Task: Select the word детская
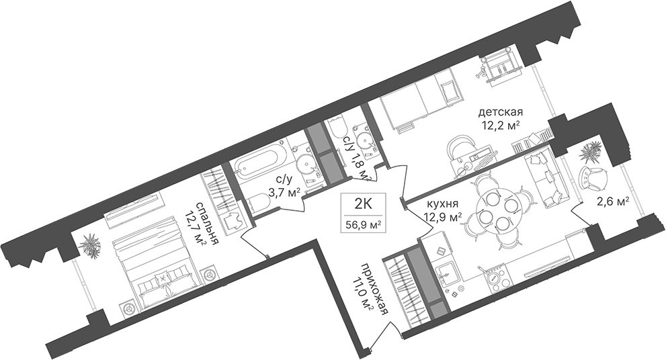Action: coord(501,113)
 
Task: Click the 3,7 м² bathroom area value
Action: coord(284,193)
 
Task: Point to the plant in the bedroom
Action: coord(92,245)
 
